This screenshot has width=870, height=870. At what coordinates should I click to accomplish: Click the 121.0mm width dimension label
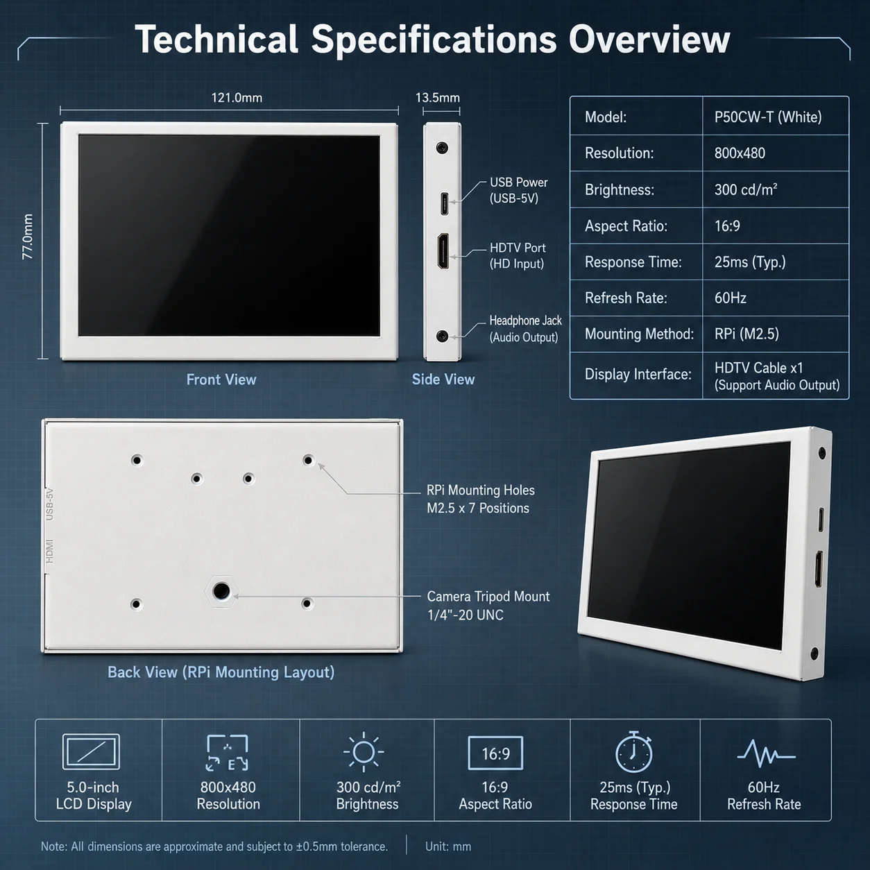click(x=237, y=98)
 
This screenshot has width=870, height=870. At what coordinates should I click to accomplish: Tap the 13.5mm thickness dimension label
click(x=438, y=98)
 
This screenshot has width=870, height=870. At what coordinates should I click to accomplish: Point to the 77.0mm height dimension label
click(x=28, y=237)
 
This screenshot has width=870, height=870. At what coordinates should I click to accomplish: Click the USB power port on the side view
click(x=444, y=204)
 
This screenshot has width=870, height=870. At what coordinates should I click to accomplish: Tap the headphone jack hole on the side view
click(x=443, y=336)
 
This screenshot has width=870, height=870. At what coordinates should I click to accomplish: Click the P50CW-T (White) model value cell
click(x=767, y=117)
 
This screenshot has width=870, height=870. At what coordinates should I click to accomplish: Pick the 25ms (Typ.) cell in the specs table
click(x=750, y=262)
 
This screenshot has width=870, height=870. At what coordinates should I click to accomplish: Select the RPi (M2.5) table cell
click(x=747, y=334)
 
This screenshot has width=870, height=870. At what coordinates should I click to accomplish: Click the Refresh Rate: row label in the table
click(x=626, y=298)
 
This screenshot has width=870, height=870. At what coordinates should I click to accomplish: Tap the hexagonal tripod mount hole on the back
click(x=221, y=590)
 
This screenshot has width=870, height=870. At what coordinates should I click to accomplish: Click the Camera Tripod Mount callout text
click(x=488, y=606)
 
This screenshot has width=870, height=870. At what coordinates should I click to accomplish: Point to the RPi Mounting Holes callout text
click(x=480, y=499)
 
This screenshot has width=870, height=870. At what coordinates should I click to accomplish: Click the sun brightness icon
click(x=364, y=752)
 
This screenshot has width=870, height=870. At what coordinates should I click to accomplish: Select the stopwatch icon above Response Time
click(x=633, y=752)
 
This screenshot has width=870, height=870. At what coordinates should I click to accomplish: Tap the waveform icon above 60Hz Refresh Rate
click(x=766, y=753)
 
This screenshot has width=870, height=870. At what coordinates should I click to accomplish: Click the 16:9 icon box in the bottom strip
click(x=495, y=753)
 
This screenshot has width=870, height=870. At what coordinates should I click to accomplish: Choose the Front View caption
click(x=221, y=379)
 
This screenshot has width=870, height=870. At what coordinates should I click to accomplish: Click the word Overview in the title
click(x=649, y=40)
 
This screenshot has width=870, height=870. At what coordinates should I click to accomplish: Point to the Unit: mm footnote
click(x=448, y=846)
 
